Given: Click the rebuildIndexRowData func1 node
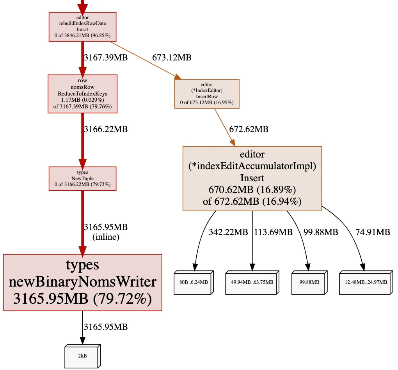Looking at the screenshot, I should click(82, 27).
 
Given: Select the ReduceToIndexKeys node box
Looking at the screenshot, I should click(82, 94).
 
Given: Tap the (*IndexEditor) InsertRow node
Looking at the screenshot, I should click(207, 94).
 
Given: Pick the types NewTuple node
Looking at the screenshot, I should click(82, 179).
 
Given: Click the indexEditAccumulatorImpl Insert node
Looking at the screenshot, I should click(252, 179).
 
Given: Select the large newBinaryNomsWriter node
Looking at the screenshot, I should click(82, 282).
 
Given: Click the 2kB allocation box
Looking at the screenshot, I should click(82, 356).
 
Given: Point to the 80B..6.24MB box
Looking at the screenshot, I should click(194, 282).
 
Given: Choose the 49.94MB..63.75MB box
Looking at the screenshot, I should click(252, 282).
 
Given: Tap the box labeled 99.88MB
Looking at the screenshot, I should click(308, 282).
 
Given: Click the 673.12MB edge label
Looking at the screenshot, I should click(172, 58).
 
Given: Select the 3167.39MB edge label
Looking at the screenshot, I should click(106, 58).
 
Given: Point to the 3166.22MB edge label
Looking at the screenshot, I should click(106, 129).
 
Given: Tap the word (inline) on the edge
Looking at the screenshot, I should click(106, 237).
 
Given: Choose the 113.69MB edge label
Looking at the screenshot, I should click(273, 232).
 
